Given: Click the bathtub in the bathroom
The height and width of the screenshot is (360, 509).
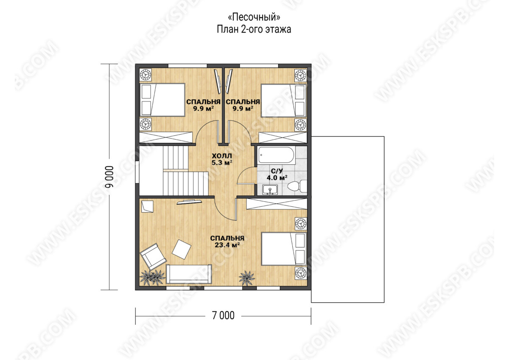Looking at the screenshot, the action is (277, 155).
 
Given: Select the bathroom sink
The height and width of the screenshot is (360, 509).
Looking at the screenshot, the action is (270, 190).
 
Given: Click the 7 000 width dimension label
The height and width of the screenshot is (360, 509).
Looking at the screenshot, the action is (223, 316).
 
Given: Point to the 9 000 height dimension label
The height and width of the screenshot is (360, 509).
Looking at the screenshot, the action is (109, 177).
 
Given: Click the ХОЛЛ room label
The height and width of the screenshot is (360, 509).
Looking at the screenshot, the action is (222, 156).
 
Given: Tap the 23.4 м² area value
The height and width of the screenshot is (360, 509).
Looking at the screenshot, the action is (227, 245).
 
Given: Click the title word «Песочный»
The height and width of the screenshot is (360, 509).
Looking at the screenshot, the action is (254, 17).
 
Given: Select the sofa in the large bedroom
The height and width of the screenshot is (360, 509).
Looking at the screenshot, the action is (189, 274).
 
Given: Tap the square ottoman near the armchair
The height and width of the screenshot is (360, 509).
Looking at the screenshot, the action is (182, 249).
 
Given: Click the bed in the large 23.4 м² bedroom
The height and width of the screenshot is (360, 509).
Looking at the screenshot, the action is (284, 249).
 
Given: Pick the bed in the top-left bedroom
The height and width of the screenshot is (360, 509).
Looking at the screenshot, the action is (162, 100).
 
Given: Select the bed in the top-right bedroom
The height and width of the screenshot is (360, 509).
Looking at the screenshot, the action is (284, 101).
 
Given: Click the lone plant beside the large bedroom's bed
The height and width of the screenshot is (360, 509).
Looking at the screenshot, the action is (246, 278).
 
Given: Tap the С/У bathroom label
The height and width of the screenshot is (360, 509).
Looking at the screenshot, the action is (277, 171).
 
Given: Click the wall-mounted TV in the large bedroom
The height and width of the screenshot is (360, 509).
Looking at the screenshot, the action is (189, 202).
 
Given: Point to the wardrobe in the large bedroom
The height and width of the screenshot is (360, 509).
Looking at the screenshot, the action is (277, 204).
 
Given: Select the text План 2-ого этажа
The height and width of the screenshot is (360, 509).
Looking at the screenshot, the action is (254, 29).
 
